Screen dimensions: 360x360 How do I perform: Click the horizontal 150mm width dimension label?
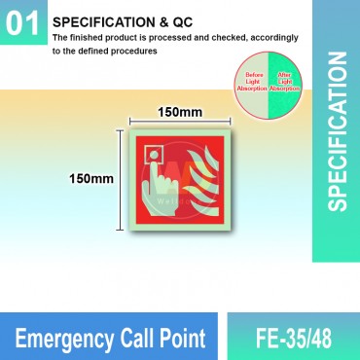(181, 112)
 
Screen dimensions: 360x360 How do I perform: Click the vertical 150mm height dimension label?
(90, 179)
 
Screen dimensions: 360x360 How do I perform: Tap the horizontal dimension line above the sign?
(181, 125)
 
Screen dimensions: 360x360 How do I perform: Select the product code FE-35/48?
(292, 338)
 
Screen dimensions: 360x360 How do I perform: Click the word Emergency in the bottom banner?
(61, 338)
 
